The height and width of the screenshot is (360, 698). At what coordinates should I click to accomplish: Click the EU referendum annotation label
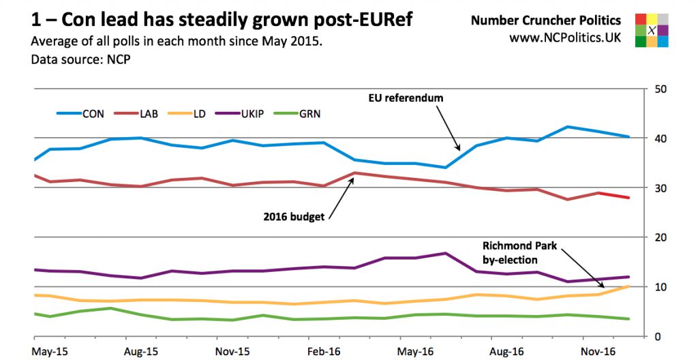pos(410,98)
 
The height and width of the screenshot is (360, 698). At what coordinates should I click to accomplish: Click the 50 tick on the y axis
pos(661,89)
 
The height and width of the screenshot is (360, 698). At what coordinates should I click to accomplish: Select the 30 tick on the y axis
pos(661,188)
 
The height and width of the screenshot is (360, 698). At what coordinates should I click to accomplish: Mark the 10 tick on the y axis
pos(661,287)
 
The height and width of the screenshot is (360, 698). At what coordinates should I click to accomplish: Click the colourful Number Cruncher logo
pos(651,30)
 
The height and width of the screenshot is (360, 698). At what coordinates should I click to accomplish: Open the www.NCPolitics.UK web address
pos(564,38)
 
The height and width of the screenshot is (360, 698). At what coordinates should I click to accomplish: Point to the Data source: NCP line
pos(80,59)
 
